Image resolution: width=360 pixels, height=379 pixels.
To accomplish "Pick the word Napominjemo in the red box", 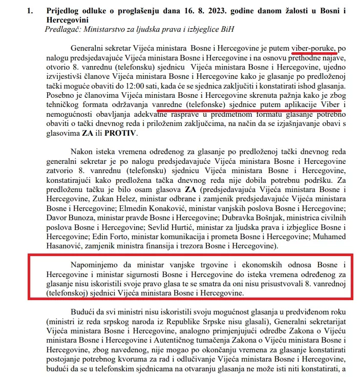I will pyautogui.click(x=96, y=265).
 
